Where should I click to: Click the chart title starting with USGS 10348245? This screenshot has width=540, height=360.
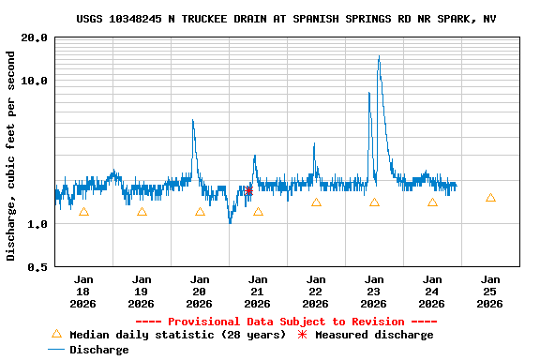(x=286, y=19)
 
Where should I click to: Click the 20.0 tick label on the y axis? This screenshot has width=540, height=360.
(x=35, y=37)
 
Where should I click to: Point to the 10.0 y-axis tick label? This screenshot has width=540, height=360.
(x=35, y=81)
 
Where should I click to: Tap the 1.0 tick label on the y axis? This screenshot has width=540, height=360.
(x=37, y=224)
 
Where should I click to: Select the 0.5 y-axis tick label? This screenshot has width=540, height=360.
(x=37, y=267)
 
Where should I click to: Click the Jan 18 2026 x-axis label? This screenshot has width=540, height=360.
(x=83, y=291)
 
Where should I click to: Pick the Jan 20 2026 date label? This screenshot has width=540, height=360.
(x=200, y=291)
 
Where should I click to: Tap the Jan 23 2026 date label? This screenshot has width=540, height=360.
(x=374, y=291)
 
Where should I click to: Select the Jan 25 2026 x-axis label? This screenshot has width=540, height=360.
(x=490, y=291)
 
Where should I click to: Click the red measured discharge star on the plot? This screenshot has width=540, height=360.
(x=248, y=190)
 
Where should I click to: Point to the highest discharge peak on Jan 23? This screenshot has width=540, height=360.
(x=379, y=57)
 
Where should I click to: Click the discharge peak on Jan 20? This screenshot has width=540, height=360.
(x=193, y=121)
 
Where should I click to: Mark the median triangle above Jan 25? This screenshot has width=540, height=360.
(x=490, y=198)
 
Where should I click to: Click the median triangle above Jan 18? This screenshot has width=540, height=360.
(x=83, y=212)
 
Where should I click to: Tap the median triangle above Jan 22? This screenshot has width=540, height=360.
(x=316, y=202)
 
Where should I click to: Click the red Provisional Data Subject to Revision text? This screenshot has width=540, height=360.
(x=286, y=322)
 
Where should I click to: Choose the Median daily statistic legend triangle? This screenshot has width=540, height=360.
(x=56, y=334)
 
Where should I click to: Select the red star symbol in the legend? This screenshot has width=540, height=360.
(x=302, y=335)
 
